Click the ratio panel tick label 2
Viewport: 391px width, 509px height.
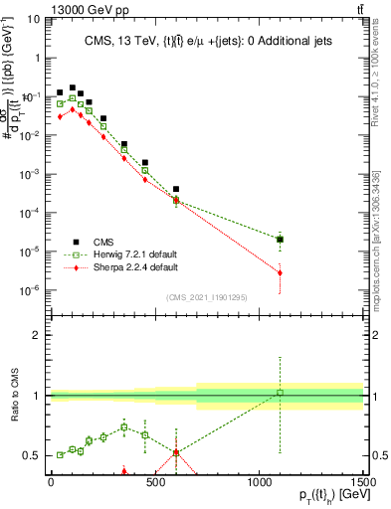click(x=37, y=335)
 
